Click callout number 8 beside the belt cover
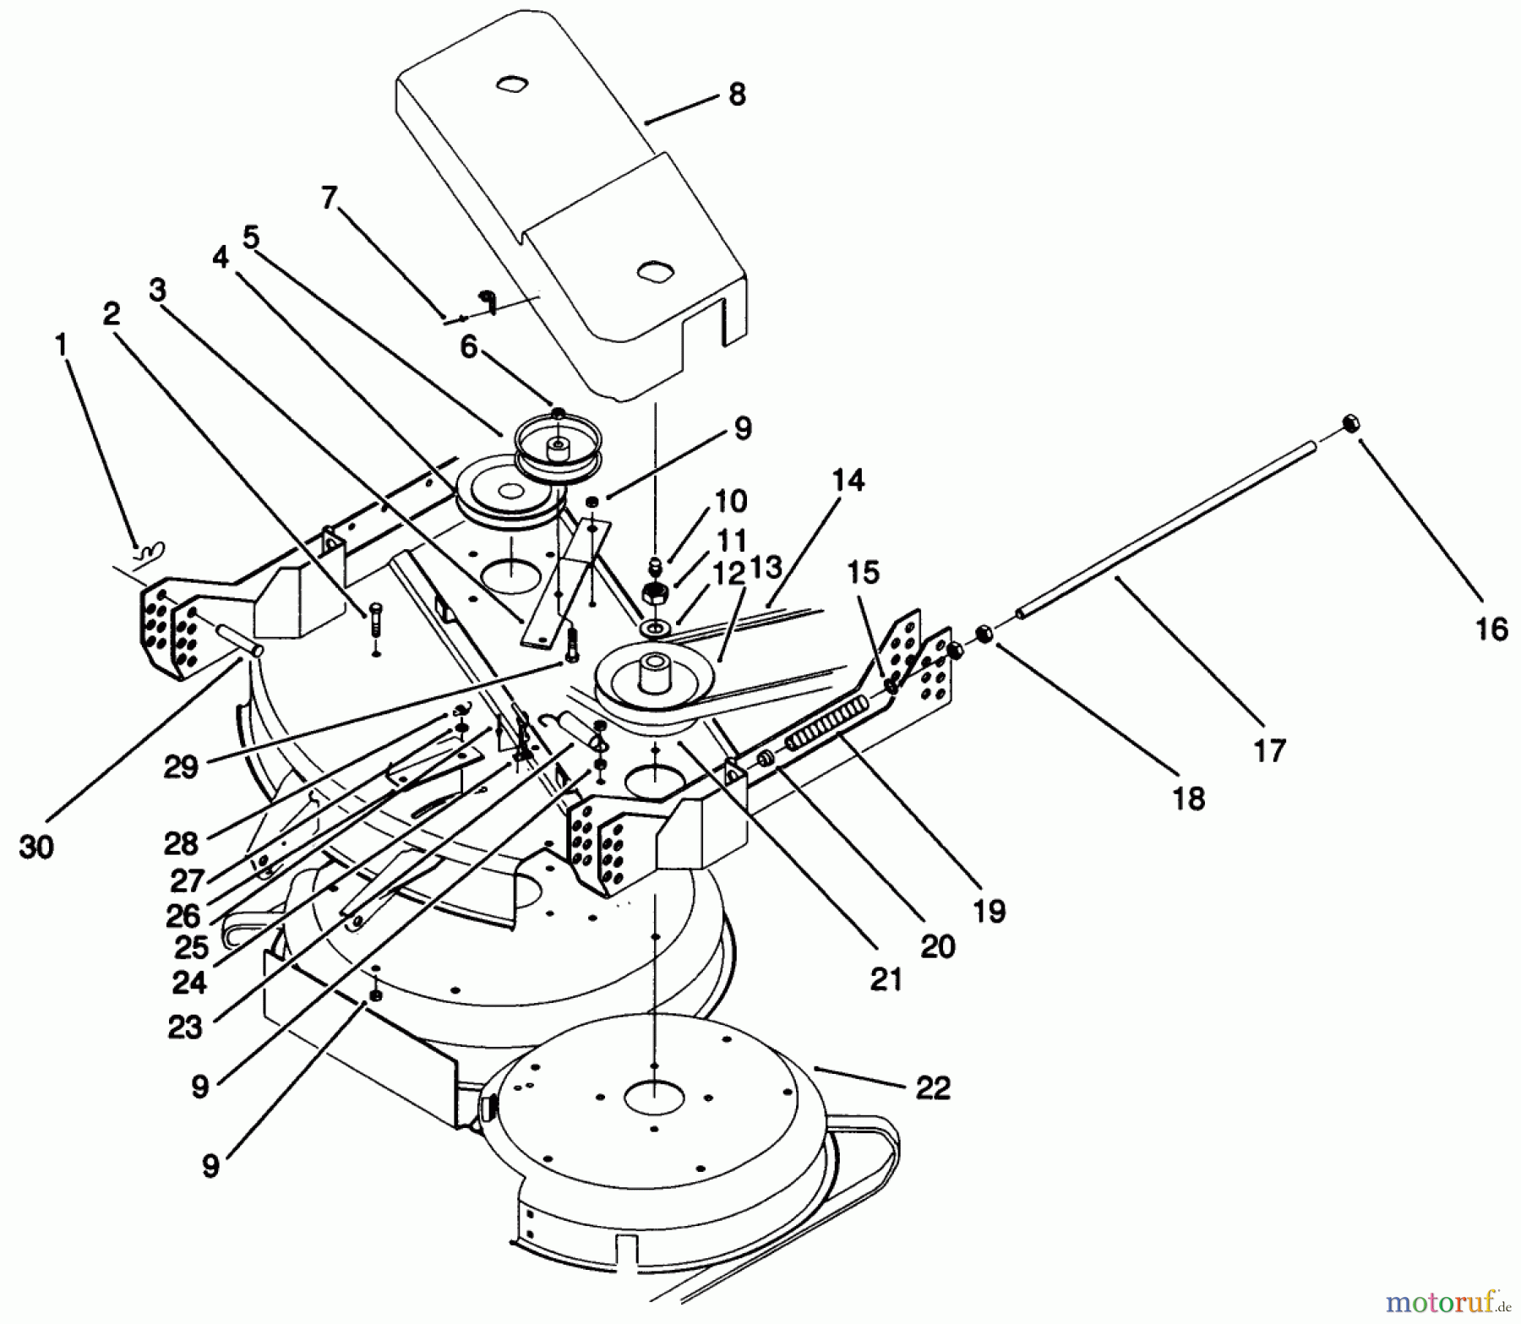point(737,95)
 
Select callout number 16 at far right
point(1492,629)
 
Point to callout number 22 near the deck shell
point(932,1087)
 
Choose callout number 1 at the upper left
point(60,346)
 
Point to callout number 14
point(848,482)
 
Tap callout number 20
point(937,946)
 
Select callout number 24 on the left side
point(190,983)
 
